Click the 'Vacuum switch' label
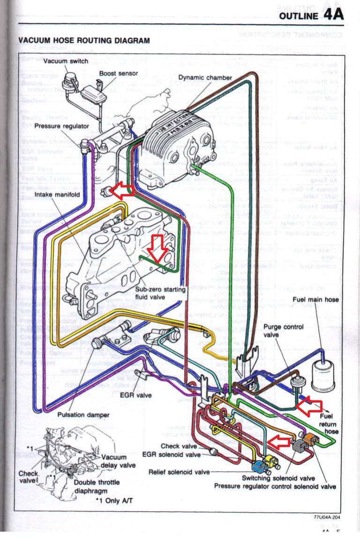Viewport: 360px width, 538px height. [65, 61]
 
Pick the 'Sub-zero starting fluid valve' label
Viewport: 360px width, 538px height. [161, 293]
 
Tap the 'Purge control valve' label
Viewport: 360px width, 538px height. [283, 331]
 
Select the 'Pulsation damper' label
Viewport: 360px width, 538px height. [83, 415]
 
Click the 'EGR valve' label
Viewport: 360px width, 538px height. [136, 395]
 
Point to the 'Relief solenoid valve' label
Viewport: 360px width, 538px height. [179, 472]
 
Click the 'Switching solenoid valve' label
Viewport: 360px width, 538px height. [278, 478]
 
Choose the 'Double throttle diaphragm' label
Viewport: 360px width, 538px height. [97, 486]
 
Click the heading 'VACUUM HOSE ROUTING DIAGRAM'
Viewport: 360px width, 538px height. [84, 41]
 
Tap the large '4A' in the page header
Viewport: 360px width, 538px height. [333, 15]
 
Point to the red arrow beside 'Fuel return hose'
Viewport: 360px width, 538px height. [309, 407]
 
